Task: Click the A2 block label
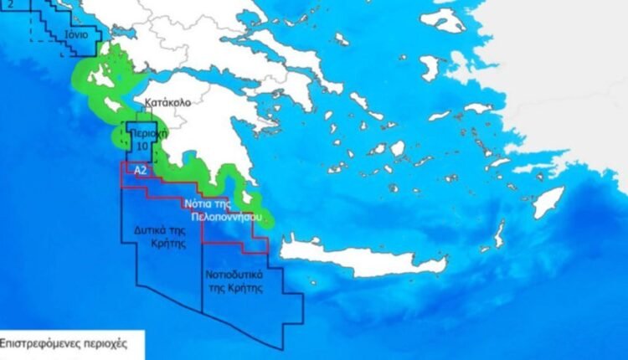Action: pos(141,171)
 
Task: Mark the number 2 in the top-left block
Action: pos(10,4)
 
